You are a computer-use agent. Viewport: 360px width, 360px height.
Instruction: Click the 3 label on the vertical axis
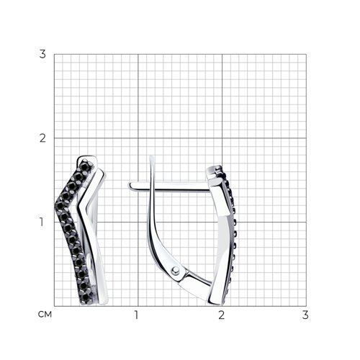(x=42, y=54)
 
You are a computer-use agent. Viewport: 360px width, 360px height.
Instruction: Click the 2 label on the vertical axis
(x=42, y=138)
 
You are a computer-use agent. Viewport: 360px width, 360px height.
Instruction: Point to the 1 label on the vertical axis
(x=42, y=222)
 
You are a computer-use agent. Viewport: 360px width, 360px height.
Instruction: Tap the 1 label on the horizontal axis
(x=136, y=315)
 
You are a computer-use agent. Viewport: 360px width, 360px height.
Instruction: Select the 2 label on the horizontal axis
(x=222, y=315)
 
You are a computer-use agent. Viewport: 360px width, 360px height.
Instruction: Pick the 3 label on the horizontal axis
(x=305, y=315)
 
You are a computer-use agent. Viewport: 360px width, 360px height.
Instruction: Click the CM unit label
(x=45, y=315)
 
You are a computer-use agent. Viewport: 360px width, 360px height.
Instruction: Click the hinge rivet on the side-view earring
(x=176, y=271)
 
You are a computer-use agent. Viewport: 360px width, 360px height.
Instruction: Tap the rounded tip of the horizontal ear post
(x=130, y=186)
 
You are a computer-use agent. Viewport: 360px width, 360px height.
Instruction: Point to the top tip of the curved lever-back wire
(x=151, y=156)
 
